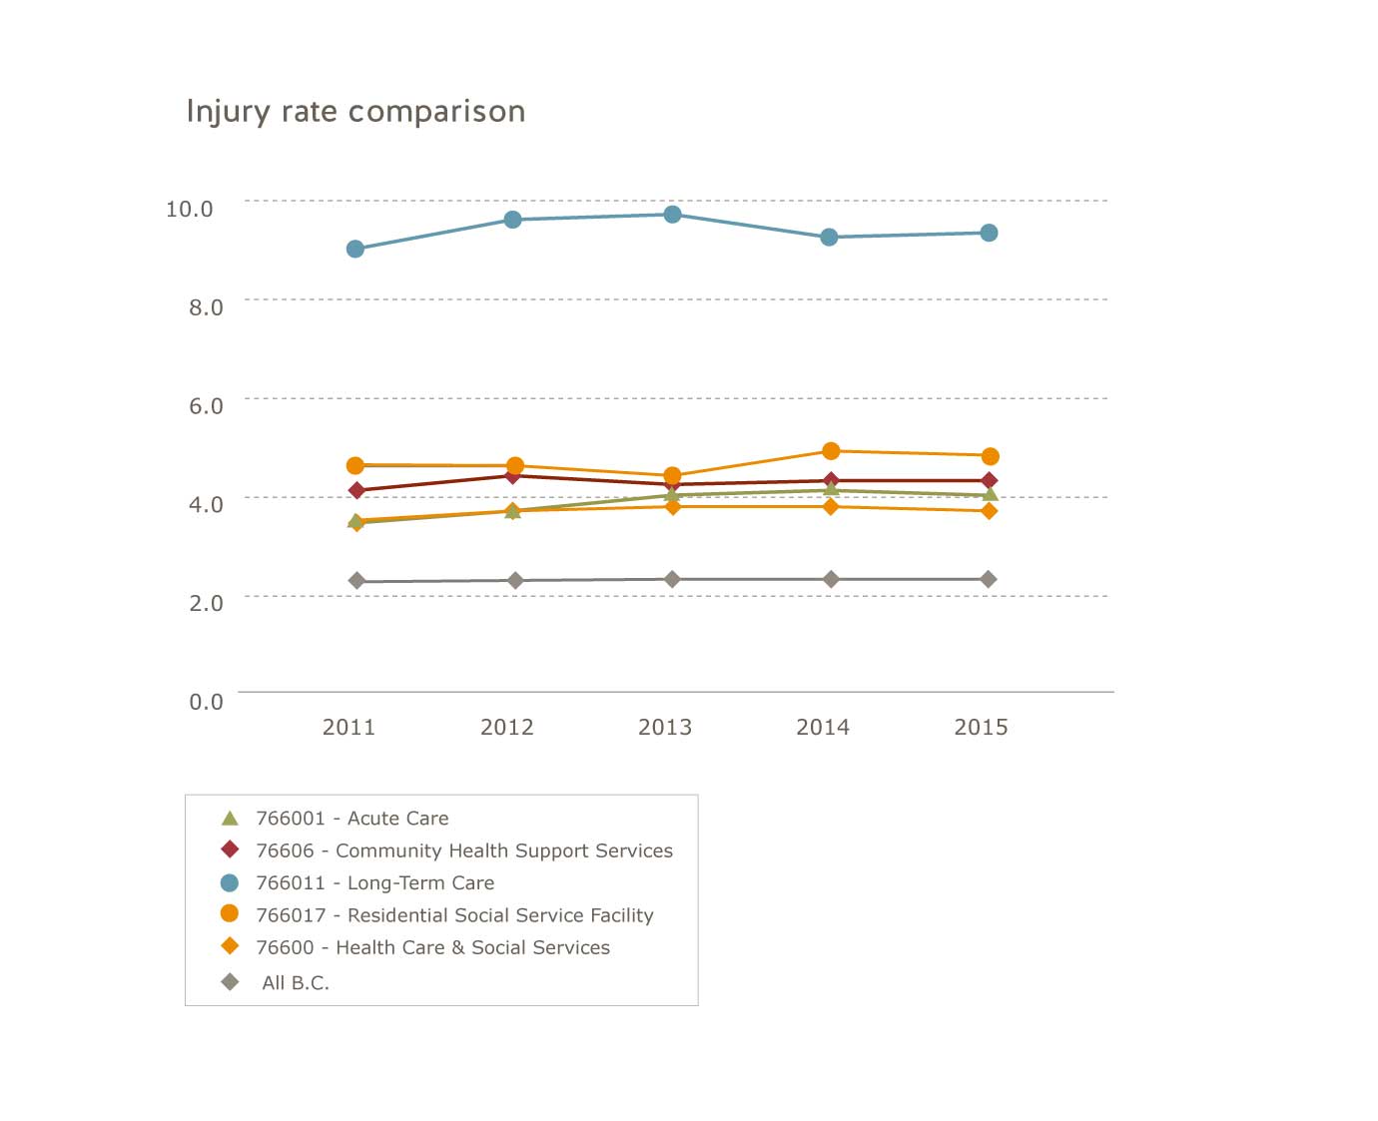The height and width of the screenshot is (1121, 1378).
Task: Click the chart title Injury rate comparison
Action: point(355,111)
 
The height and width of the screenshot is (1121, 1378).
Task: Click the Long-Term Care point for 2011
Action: point(355,249)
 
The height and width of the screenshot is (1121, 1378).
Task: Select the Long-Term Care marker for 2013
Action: point(673,215)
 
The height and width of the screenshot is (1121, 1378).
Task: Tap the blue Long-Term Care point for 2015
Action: point(989,233)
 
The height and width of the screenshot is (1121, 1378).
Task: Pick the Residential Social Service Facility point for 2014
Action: point(831,451)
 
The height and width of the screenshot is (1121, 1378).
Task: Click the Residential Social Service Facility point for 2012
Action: point(515,465)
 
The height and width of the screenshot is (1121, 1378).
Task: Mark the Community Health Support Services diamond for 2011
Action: point(356,490)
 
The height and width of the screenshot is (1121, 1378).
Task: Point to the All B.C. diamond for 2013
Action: point(673,579)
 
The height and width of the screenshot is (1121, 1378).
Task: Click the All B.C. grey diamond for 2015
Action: point(989,579)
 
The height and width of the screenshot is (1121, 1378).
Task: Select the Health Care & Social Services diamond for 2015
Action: point(989,511)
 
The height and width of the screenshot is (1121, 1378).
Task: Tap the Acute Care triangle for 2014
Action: point(831,489)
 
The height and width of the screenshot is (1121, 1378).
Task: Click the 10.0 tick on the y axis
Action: point(190,209)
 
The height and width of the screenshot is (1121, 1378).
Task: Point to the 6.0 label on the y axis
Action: point(206,405)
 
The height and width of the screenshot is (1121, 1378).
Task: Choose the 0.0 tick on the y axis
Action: point(206,701)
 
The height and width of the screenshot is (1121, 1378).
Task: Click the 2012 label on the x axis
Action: point(507,727)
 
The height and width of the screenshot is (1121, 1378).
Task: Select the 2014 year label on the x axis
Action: point(823,727)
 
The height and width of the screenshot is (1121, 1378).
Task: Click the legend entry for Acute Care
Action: point(351,819)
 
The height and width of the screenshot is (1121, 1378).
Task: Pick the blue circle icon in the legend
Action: point(230,882)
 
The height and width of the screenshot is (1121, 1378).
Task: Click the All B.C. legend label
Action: point(296,982)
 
